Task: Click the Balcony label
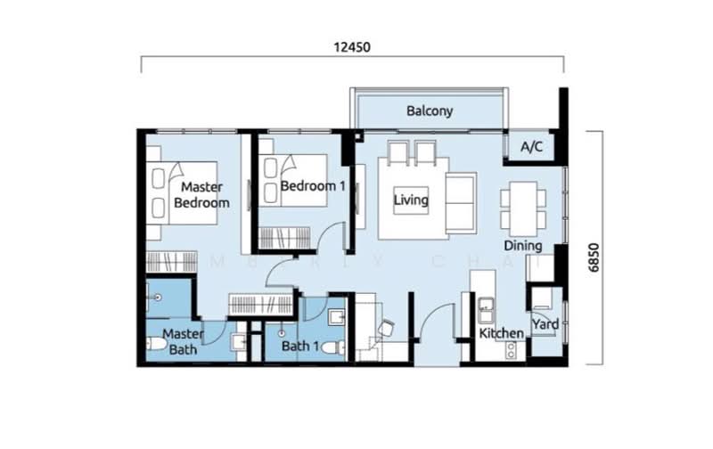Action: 430,111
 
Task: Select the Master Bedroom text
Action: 201,195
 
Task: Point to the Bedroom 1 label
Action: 312,186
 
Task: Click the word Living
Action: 411,200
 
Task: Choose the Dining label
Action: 522,245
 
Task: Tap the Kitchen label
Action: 501,333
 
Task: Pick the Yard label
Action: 545,324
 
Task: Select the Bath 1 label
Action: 299,347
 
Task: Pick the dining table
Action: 520,207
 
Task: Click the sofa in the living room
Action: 460,200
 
